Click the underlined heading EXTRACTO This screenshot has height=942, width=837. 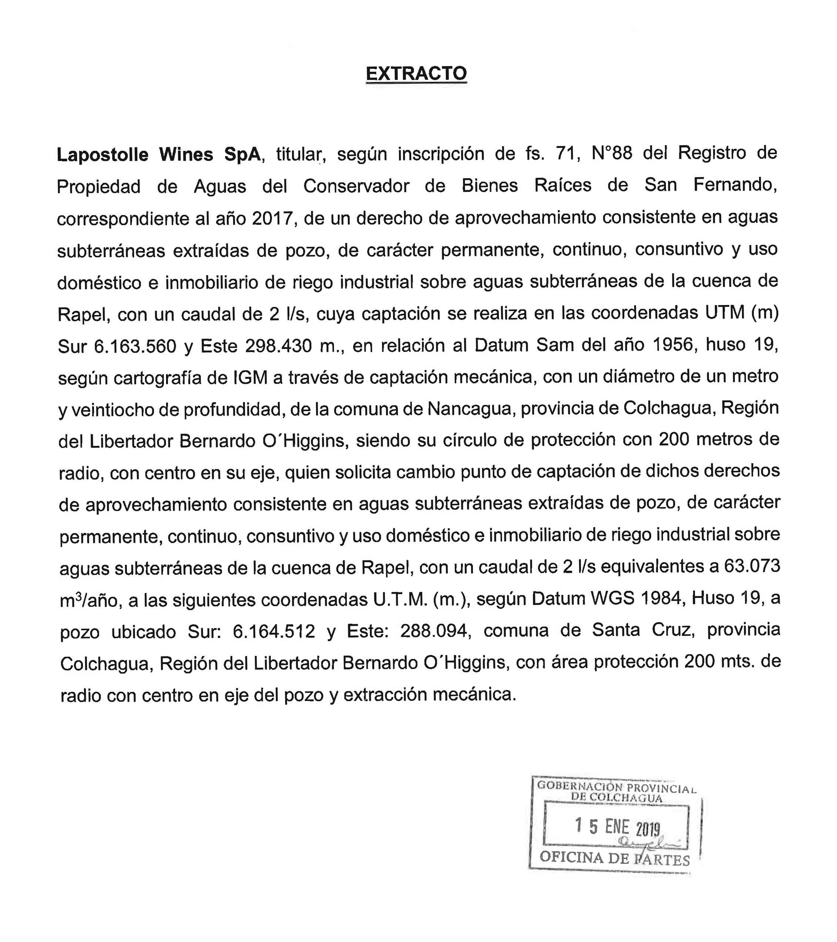(416, 74)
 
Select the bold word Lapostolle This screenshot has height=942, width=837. (102, 155)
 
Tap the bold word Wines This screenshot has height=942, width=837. (186, 155)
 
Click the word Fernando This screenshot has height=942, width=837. (735, 185)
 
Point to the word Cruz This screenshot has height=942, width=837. (672, 630)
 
